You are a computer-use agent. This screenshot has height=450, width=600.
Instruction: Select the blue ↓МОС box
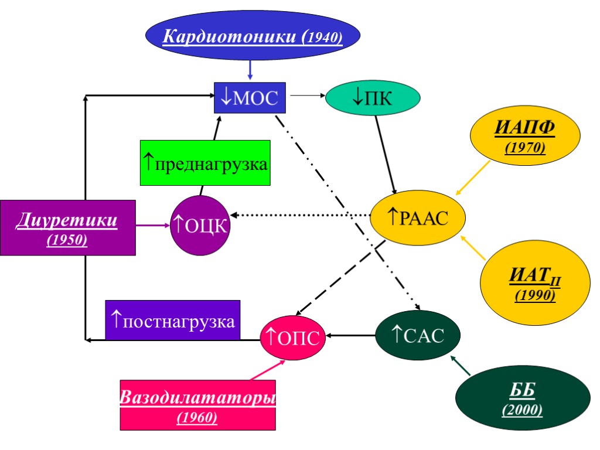(x=250, y=97)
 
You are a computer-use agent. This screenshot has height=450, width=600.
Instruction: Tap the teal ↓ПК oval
(x=373, y=98)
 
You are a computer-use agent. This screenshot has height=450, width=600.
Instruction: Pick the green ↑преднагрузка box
(x=205, y=163)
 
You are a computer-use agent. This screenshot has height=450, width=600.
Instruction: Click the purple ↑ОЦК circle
(x=199, y=226)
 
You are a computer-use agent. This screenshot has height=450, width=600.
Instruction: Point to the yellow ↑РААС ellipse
(x=418, y=217)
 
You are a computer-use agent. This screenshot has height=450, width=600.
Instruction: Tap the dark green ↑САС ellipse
(x=417, y=335)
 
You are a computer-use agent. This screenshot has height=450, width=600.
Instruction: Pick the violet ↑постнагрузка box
(x=173, y=320)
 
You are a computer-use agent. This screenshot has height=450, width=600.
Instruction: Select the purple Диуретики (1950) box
(x=67, y=227)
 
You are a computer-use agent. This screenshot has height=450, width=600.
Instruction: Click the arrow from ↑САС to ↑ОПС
(x=350, y=336)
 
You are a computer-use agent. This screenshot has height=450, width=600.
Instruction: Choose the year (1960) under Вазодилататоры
(x=197, y=418)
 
